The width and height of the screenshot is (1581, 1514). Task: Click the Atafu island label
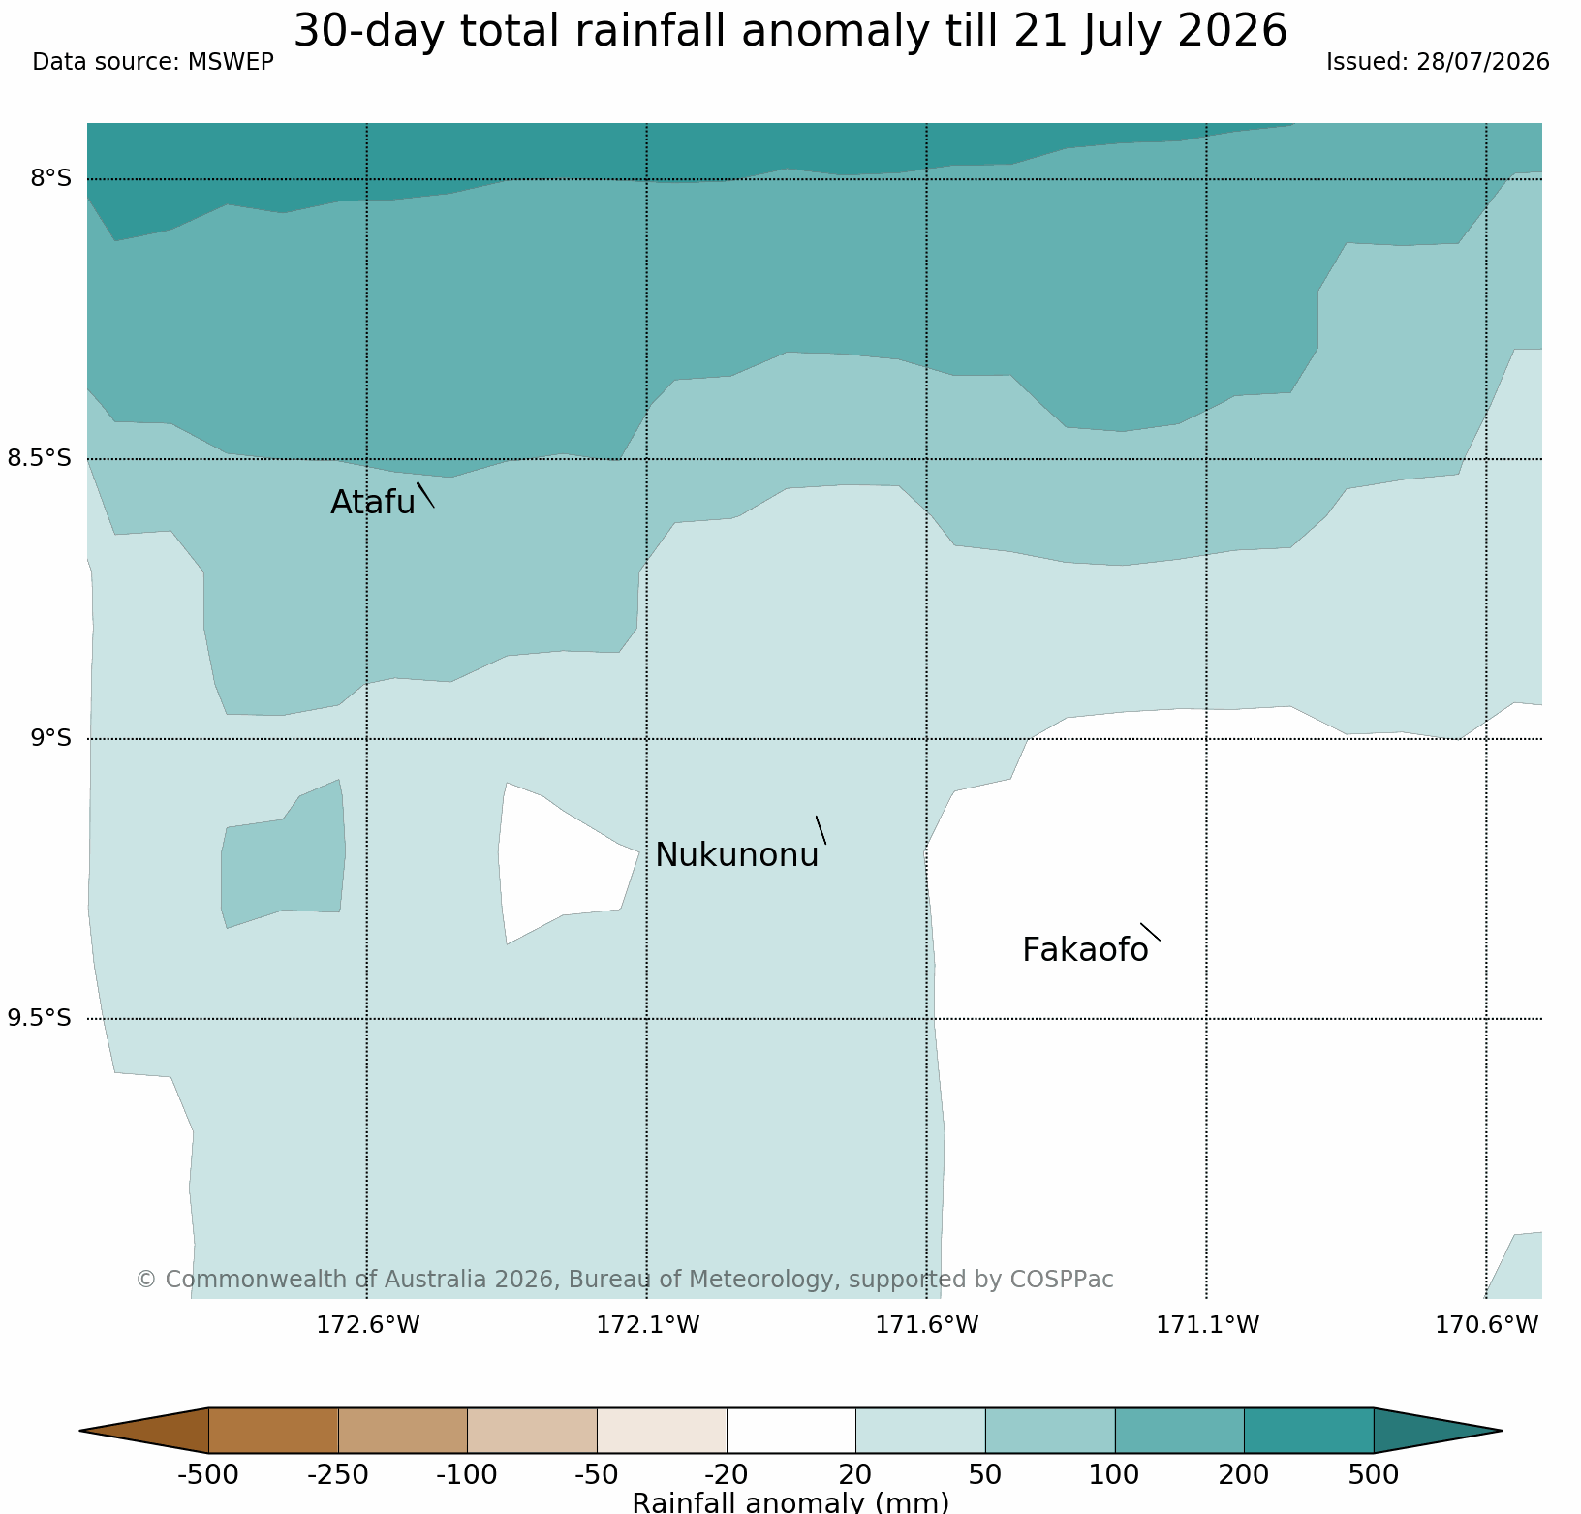pos(373,503)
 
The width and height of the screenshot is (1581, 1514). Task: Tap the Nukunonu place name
pos(737,855)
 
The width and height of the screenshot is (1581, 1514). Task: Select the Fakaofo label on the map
pos(1085,950)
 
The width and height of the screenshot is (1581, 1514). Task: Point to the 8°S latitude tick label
pos(51,178)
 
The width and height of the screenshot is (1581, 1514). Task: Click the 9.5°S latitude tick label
pos(40,1018)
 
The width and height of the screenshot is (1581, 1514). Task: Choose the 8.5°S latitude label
pos(40,458)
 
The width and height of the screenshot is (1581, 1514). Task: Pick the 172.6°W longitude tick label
pos(368,1324)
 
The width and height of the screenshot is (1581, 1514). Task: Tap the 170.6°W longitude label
pos(1487,1324)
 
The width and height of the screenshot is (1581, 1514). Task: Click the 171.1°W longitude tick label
pos(1208,1324)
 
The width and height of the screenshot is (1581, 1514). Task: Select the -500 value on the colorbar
pos(208,1475)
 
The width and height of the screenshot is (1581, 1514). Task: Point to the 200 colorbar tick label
pos(1244,1475)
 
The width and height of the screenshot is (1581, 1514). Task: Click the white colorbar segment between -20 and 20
pos(791,1431)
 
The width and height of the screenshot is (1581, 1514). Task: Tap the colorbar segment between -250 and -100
pos(403,1431)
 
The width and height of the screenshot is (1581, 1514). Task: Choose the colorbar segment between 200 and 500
pos(1309,1431)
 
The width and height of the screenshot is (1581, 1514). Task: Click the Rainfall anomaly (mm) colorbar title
pos(790,1502)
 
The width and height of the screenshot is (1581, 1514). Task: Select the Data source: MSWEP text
pos(153,62)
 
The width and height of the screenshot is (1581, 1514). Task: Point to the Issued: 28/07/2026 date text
pos(1438,62)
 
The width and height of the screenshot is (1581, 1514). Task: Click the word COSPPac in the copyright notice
pos(1062,1280)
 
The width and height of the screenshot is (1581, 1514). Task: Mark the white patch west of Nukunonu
pos(562,862)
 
